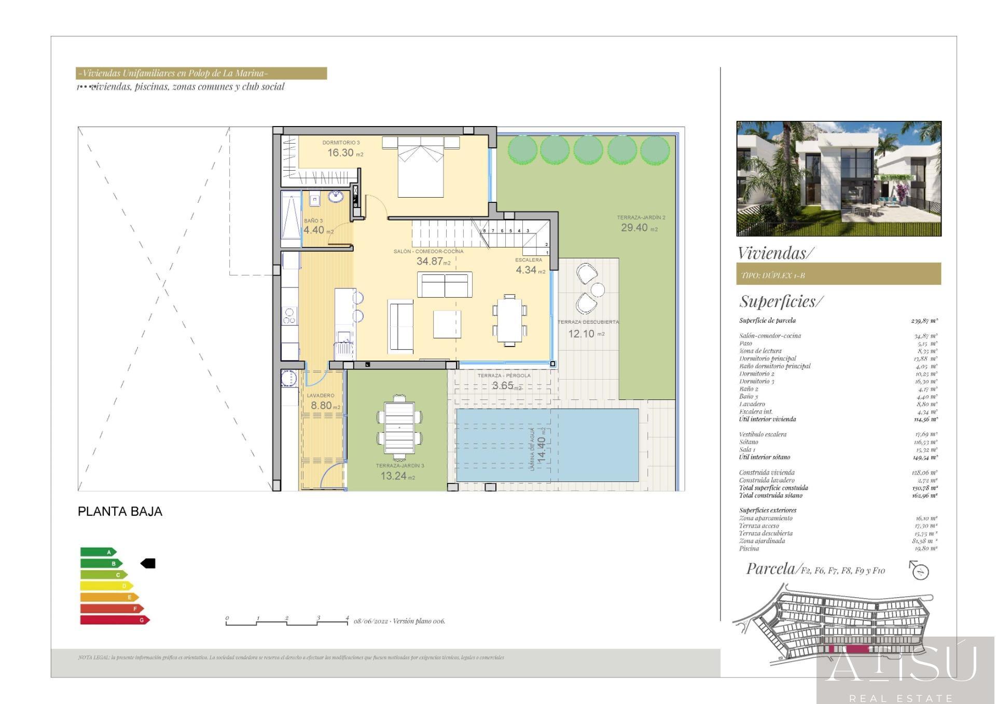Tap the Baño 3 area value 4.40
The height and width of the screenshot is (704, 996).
click(x=314, y=230)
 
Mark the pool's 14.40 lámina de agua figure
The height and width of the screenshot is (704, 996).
click(x=542, y=449)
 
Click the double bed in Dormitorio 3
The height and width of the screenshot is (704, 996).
click(x=421, y=166)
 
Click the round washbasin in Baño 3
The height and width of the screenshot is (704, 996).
click(x=336, y=197)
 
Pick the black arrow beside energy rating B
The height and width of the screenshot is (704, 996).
click(x=148, y=563)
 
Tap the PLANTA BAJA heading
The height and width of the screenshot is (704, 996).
click(x=120, y=512)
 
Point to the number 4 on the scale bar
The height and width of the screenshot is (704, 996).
click(x=347, y=617)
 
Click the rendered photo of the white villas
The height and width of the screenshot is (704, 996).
click(x=838, y=178)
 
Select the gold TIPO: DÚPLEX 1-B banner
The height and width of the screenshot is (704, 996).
click(x=838, y=274)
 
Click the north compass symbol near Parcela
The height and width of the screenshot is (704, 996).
click(x=920, y=571)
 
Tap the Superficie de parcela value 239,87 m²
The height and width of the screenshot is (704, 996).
click(x=924, y=321)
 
